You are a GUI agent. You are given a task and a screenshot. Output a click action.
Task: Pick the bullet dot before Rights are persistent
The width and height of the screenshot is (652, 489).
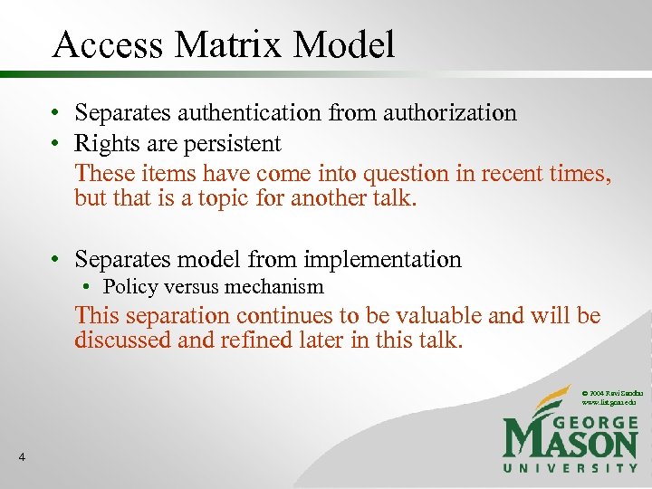[56, 144]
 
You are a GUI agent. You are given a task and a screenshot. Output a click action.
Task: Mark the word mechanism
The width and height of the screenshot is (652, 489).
[276, 287]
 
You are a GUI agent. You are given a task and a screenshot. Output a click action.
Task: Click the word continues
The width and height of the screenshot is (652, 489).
[282, 316]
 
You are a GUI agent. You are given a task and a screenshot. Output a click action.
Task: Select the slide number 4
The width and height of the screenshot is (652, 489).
[21, 458]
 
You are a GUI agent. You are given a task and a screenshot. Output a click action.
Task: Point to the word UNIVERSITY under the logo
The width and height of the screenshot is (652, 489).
[570, 468]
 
